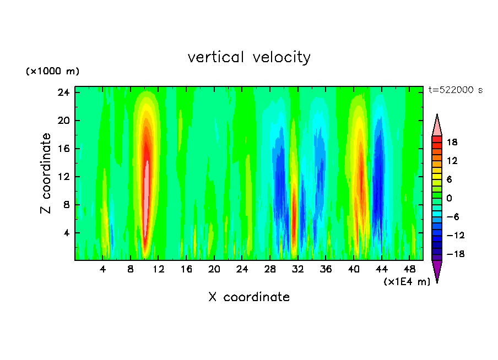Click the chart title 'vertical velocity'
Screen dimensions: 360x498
point(249,57)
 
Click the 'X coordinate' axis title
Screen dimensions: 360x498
point(249,297)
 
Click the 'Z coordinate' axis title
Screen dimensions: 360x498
point(46,173)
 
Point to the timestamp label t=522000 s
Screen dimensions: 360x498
point(455,90)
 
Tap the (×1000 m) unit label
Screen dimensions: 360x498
point(52,72)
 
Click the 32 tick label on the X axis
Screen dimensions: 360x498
point(298,270)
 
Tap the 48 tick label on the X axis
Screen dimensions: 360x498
point(410,270)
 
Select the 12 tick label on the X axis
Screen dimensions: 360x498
point(158,270)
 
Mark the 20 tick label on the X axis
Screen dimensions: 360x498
point(214,270)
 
